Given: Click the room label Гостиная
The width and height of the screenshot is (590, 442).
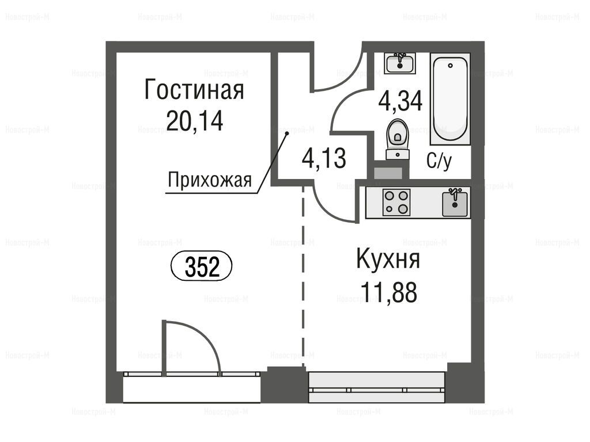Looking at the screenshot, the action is pos(194,90).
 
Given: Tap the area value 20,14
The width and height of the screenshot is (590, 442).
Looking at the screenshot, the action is pos(195,121).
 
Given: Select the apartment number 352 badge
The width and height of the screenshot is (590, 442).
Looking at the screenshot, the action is pos(202,266).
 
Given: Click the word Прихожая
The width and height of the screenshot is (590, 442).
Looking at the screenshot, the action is pos(210,180).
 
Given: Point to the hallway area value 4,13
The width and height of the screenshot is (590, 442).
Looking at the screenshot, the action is pos(324,158).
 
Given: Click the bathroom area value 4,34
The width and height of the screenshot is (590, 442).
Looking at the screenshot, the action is pos(400,101).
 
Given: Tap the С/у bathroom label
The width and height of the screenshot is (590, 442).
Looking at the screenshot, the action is pos(439,161).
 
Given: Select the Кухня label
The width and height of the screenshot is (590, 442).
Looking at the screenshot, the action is pos(388,259).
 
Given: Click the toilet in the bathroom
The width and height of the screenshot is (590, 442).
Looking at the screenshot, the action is pos(398,138).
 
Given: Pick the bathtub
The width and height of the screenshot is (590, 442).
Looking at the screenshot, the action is pos(451,99).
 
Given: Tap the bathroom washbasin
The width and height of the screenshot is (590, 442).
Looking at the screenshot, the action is pos(400,63).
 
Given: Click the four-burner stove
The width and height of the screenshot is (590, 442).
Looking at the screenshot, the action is pos(396,202).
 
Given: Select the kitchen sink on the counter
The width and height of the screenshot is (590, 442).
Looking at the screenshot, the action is pos(455,203).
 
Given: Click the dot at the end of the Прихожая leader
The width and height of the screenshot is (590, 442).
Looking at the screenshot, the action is pos(287,134).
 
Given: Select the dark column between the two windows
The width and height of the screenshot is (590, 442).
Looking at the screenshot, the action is pos(284,384).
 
